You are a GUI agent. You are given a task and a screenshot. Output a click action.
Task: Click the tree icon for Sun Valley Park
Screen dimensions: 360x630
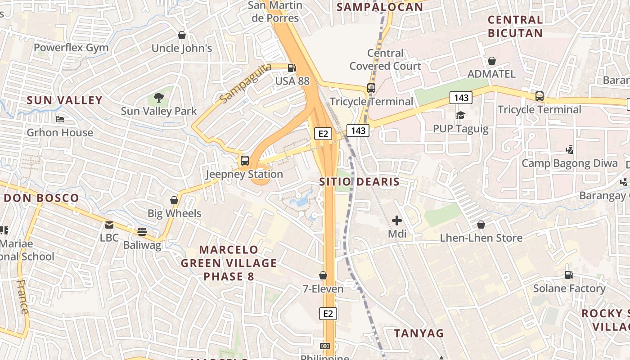[158, 97]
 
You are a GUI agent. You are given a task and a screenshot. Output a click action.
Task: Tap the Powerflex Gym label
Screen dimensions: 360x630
[71, 48]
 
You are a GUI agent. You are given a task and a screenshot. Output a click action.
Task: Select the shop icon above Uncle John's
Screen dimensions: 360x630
[182, 35]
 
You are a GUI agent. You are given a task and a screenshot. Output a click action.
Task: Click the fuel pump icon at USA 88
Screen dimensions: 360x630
[292, 68]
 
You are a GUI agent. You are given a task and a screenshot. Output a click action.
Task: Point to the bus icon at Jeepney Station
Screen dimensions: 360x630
[245, 160]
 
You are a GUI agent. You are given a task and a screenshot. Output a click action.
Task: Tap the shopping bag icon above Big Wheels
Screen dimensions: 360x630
[174, 200]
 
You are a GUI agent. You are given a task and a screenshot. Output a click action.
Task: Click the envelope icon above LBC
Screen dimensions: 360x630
[109, 225]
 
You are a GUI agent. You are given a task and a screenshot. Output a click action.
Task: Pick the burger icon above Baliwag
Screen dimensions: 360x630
[142, 232]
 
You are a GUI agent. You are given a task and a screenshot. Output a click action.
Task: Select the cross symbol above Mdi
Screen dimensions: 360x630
[396, 220]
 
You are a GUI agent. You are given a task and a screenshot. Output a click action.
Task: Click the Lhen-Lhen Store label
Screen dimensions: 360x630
[481, 238]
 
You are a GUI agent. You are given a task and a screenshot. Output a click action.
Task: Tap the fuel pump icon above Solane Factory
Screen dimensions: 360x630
[569, 274]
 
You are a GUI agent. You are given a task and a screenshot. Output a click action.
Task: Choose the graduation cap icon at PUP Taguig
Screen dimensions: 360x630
[460, 116]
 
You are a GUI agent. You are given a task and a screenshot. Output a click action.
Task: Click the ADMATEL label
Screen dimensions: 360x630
[491, 74]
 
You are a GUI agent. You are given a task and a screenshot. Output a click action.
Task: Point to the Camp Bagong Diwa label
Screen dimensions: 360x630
[570, 163]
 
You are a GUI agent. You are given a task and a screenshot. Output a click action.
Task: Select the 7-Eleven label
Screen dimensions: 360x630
[323, 288]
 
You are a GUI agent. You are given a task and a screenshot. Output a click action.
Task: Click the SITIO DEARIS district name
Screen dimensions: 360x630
[359, 182]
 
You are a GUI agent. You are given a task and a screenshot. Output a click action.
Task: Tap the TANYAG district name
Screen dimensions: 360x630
[418, 333]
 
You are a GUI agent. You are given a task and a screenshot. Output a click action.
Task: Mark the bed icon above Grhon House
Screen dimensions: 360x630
[60, 119]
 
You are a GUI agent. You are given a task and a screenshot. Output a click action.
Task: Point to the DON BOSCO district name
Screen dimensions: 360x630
[41, 198]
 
